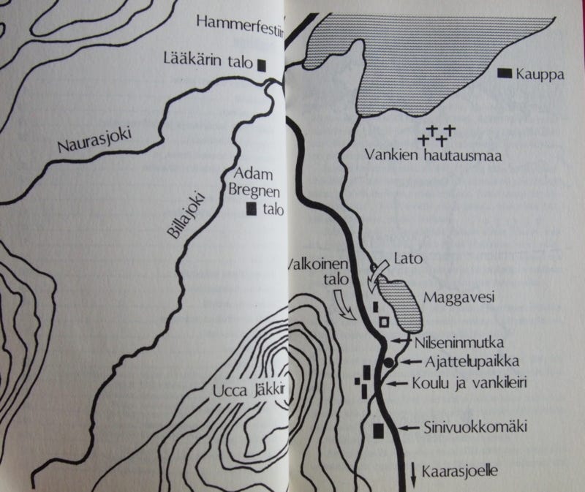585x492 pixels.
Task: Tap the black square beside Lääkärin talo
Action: pos(260,64)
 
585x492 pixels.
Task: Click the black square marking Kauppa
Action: pos(504,73)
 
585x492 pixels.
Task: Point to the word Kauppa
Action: pos(537,74)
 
